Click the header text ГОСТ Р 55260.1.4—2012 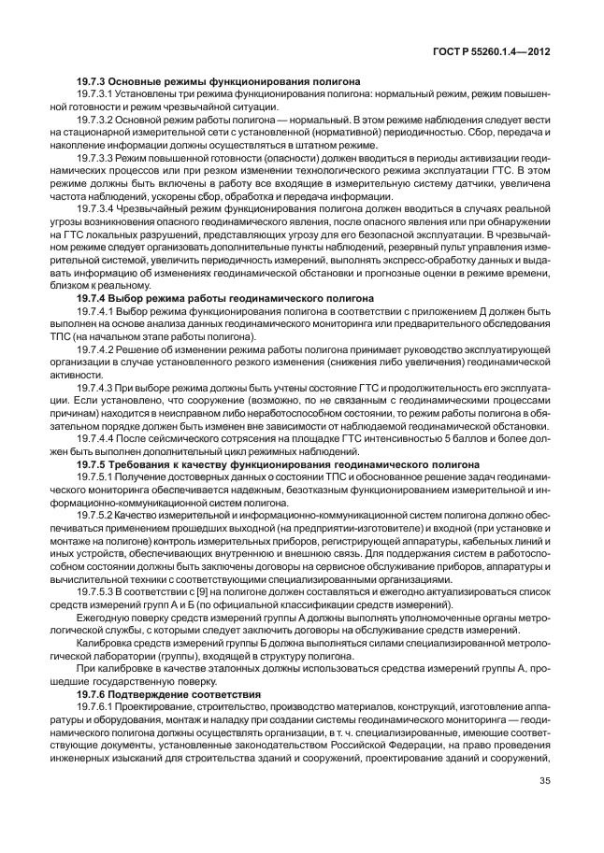click(x=496, y=53)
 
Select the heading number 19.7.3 click(x=93, y=82)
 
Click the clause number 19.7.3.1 click(x=96, y=95)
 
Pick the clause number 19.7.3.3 click(x=96, y=161)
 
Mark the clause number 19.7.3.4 click(x=96, y=212)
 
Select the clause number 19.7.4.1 click(x=96, y=311)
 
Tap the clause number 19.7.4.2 click(x=96, y=348)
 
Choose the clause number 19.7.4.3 click(x=96, y=385)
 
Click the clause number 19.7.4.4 click(x=96, y=436)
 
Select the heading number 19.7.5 click(x=93, y=462)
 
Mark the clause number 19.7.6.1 click(x=96, y=708)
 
